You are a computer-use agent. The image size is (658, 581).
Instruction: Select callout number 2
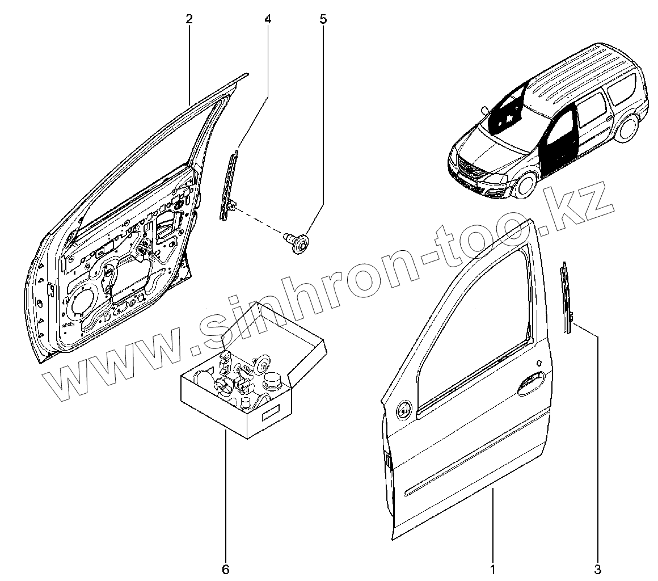[189, 19]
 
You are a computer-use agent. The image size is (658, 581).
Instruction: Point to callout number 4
[267, 19]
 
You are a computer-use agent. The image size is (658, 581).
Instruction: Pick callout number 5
[323, 19]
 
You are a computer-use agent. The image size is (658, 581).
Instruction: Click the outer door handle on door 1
[531, 382]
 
